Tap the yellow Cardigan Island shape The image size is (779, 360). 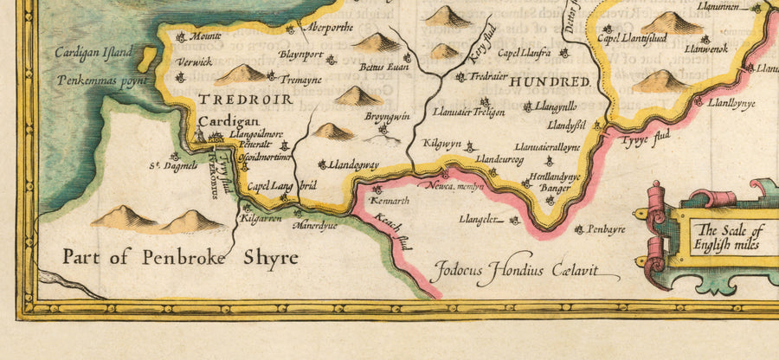click(x=145, y=59)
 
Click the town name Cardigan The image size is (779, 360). click(x=222, y=123)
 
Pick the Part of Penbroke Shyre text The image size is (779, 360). click(x=180, y=257)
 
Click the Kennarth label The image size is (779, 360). click(x=389, y=201)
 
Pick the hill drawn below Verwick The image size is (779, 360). click(x=240, y=74)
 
